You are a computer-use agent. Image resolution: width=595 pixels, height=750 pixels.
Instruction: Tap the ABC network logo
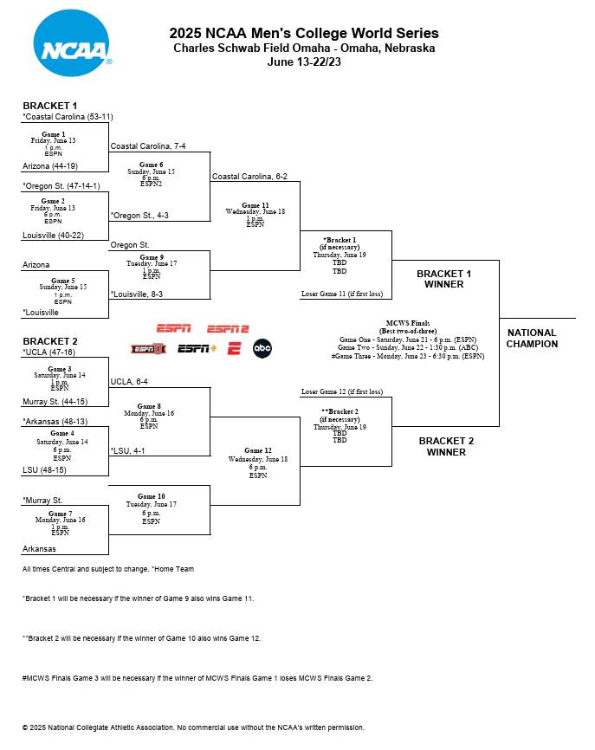(x=262, y=348)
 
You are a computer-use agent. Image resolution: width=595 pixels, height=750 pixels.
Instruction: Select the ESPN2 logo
(x=228, y=329)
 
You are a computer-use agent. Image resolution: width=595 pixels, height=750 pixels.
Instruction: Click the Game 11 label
(x=255, y=205)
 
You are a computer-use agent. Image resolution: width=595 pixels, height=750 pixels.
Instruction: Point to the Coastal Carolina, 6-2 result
(x=249, y=176)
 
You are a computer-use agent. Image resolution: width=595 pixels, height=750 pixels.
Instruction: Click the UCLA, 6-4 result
(x=129, y=381)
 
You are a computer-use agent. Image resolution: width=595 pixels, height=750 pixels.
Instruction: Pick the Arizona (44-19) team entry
(x=51, y=165)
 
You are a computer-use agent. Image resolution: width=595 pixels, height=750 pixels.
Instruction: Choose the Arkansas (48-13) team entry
(x=54, y=421)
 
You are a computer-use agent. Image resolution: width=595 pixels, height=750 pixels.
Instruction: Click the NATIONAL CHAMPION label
(x=532, y=338)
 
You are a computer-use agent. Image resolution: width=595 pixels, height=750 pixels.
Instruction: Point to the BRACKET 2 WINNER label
(x=446, y=446)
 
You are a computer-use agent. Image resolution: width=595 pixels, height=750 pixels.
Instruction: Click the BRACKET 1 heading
(x=50, y=106)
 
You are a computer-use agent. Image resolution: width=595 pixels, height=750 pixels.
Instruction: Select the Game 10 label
(x=151, y=496)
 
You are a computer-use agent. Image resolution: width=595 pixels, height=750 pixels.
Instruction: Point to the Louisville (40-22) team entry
(x=53, y=235)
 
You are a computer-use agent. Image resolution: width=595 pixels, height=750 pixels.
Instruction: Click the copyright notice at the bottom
(x=193, y=727)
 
